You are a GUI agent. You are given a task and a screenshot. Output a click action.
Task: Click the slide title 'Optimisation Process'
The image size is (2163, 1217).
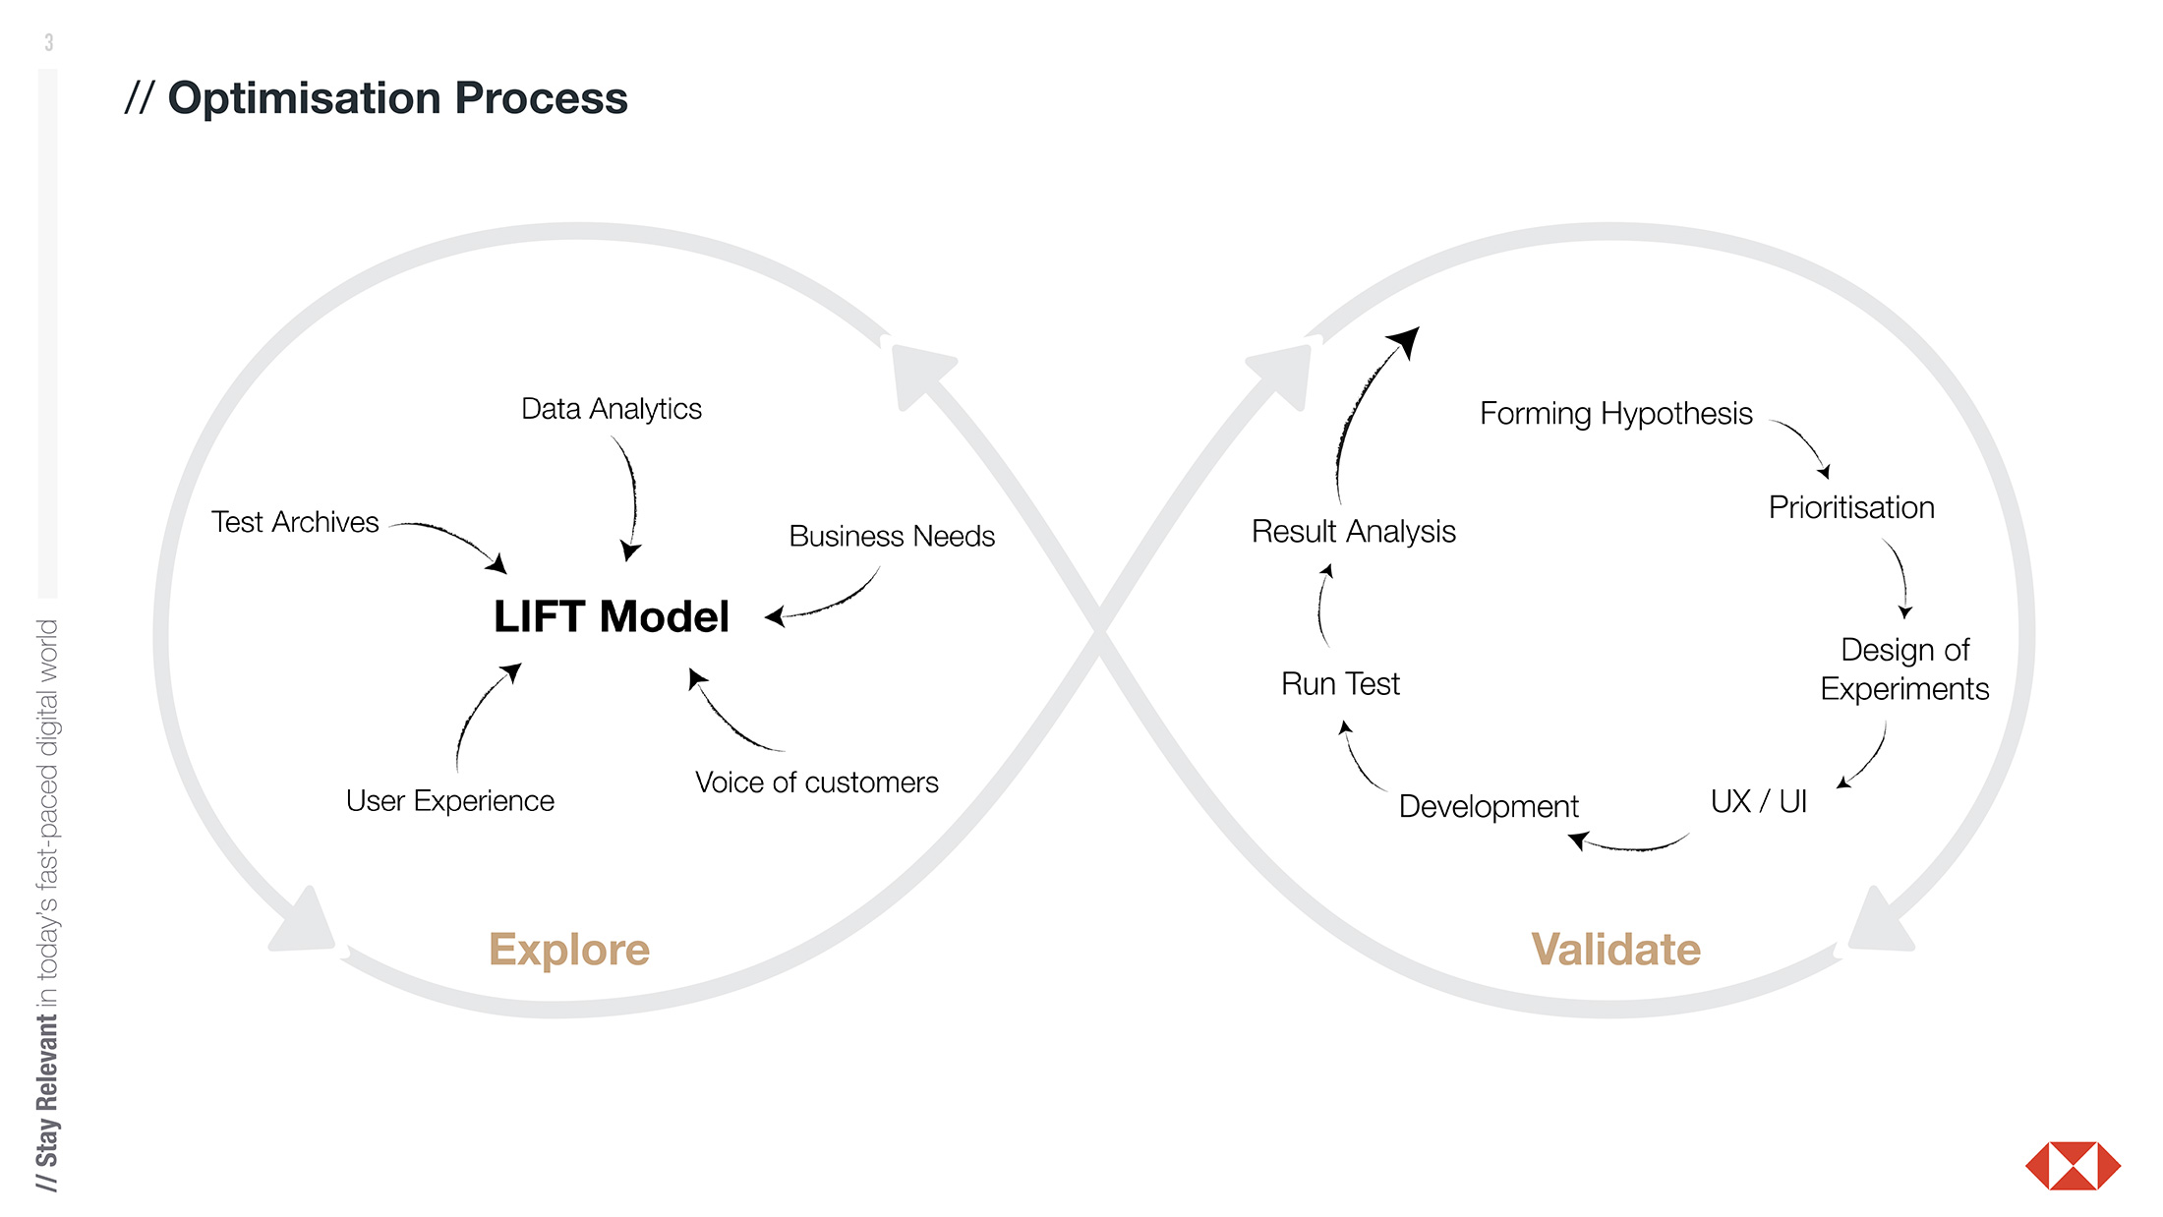(x=397, y=98)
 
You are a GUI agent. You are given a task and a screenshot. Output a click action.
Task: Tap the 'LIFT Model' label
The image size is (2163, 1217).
(x=611, y=617)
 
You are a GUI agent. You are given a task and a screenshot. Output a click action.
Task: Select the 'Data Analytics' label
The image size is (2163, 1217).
(x=611, y=409)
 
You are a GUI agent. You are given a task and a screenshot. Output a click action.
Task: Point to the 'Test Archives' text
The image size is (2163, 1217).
(x=295, y=522)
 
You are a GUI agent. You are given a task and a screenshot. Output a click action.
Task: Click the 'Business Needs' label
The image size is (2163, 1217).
(x=892, y=537)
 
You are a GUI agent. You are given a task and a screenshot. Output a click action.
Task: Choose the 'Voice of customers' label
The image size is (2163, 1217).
(x=816, y=782)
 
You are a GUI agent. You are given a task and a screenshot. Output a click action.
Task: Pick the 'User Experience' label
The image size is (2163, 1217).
(x=449, y=801)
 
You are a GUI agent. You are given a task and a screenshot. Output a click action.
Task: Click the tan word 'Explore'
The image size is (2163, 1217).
(x=569, y=950)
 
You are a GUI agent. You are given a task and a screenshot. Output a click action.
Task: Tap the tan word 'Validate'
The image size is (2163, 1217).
(x=1615, y=950)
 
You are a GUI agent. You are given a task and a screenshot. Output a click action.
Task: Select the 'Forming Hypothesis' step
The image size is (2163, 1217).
(x=1615, y=414)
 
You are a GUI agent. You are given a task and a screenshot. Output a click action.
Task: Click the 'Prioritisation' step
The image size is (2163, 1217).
(x=1851, y=508)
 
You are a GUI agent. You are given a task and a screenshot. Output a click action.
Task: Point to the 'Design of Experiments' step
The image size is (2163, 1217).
(x=1904, y=669)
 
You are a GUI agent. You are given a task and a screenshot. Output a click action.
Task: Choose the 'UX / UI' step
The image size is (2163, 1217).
(x=1759, y=802)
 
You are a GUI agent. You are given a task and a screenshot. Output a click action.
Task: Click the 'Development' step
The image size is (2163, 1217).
(x=1489, y=807)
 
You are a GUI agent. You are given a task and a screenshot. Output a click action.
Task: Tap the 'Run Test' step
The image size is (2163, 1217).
(x=1340, y=684)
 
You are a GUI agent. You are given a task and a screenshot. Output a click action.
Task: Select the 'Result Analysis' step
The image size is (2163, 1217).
(x=1353, y=532)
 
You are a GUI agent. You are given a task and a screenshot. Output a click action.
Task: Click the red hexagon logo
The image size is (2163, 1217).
(x=2073, y=1166)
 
